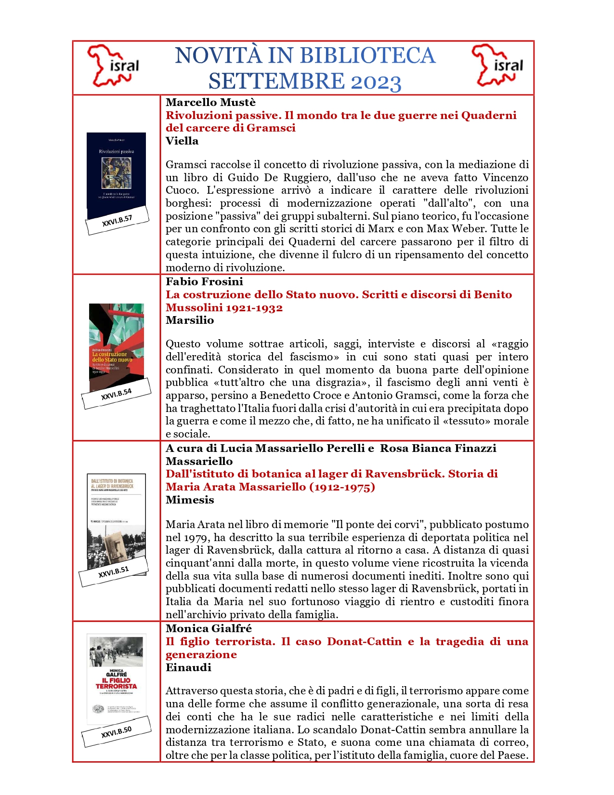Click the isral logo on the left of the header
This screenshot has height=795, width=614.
click(114, 66)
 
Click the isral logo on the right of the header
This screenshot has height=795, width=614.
click(498, 66)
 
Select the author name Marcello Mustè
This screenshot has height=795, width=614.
click(210, 102)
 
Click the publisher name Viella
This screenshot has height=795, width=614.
click(182, 141)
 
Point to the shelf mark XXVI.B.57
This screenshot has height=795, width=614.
click(117, 221)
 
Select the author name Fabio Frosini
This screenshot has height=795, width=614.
click(204, 281)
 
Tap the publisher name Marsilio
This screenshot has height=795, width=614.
click(190, 320)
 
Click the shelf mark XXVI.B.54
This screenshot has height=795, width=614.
click(116, 394)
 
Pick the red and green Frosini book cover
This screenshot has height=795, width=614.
click(117, 342)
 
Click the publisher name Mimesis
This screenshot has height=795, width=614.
click(190, 500)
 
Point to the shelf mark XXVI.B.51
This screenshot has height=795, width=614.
click(114, 572)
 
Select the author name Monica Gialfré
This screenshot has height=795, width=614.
click(209, 628)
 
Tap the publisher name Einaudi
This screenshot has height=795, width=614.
click(188, 667)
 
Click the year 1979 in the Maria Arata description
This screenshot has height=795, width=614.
click(196, 537)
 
